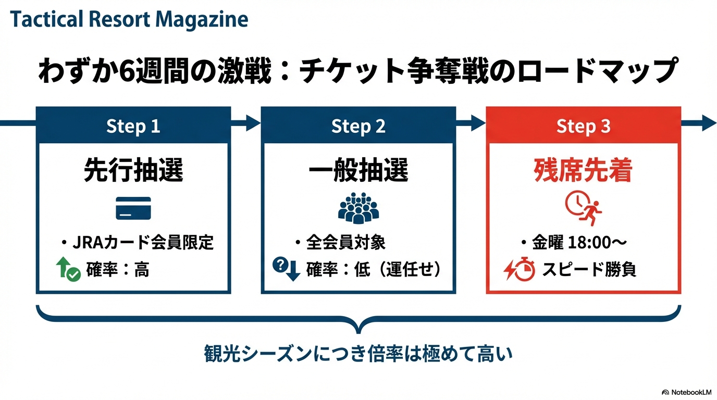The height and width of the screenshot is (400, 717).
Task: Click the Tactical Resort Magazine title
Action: coord(129,20)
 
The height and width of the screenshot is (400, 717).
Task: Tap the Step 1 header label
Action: coord(133,126)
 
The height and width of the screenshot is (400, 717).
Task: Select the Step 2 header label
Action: coord(358,126)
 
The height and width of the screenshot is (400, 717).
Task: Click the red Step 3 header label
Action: coord(583,126)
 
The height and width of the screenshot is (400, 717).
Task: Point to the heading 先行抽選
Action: coord(133,171)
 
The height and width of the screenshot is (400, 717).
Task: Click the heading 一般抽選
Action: coord(358,171)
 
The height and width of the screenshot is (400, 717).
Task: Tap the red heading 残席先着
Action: coord(583,171)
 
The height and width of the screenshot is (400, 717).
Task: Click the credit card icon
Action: coord(133,208)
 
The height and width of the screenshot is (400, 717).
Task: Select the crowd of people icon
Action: coord(358,208)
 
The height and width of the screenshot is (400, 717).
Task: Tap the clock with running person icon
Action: coord(583,207)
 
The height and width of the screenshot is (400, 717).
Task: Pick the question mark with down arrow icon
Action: coord(287,269)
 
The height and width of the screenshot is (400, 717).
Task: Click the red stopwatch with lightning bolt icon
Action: coord(519,270)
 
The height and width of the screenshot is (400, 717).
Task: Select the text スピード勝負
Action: coord(589,270)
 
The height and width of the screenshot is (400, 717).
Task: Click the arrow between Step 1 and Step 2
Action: coord(245,123)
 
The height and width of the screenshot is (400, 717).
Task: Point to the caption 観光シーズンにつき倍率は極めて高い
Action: coord(358,355)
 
